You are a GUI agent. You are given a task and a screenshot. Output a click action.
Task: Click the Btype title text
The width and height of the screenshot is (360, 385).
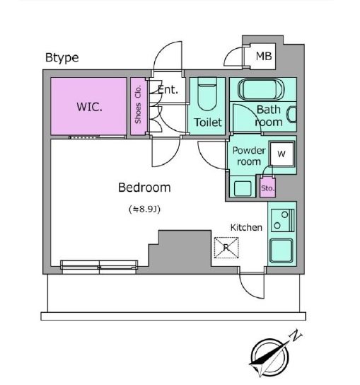(62, 58)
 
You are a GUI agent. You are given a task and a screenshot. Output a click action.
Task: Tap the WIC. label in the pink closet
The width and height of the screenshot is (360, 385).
(89, 107)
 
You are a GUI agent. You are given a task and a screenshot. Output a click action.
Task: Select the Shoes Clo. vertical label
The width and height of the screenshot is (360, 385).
(138, 104)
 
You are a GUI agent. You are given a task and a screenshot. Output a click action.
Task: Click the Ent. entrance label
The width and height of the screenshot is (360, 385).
(168, 90)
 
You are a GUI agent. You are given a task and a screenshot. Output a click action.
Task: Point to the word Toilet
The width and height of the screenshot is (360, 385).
(208, 122)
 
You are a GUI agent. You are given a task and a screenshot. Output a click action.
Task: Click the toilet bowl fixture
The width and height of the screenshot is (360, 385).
(207, 95)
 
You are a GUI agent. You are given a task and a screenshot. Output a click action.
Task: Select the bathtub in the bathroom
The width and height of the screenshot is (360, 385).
(261, 89)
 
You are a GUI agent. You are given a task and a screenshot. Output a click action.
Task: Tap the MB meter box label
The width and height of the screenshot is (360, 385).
(264, 56)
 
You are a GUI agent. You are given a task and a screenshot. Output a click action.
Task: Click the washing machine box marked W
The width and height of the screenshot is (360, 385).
(281, 154)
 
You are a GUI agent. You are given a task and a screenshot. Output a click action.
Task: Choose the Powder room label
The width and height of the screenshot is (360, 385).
(249, 156)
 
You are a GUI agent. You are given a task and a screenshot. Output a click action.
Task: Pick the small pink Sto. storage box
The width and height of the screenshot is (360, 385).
(267, 188)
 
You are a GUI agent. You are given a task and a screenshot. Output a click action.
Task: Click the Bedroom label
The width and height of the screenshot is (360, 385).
(144, 188)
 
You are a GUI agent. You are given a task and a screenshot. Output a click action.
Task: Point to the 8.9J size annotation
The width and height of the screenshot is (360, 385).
(145, 209)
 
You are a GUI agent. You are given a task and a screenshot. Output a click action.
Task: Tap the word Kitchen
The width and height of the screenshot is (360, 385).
(246, 228)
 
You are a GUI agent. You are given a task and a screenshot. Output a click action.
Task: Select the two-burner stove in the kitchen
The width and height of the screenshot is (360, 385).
(282, 221)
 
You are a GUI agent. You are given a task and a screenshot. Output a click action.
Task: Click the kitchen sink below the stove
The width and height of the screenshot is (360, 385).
(281, 251)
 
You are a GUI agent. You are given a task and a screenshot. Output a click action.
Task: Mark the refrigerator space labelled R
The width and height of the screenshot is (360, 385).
(226, 248)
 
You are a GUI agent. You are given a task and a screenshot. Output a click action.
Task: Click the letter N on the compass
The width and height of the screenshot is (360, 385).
(296, 335)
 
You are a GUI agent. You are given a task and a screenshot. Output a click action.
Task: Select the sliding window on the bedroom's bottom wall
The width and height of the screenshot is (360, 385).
(99, 267)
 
